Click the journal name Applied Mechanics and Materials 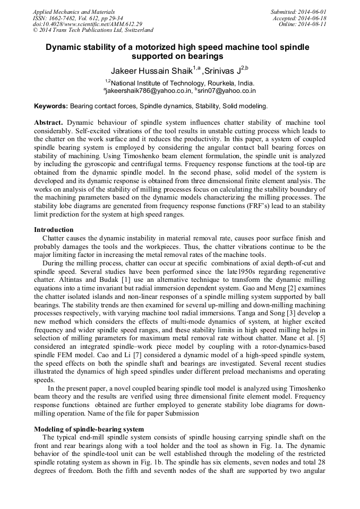[73, 12]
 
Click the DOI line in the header [87, 24]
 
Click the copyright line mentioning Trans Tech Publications [93, 31]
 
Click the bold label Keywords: [51, 106]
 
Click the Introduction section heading [54, 230]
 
